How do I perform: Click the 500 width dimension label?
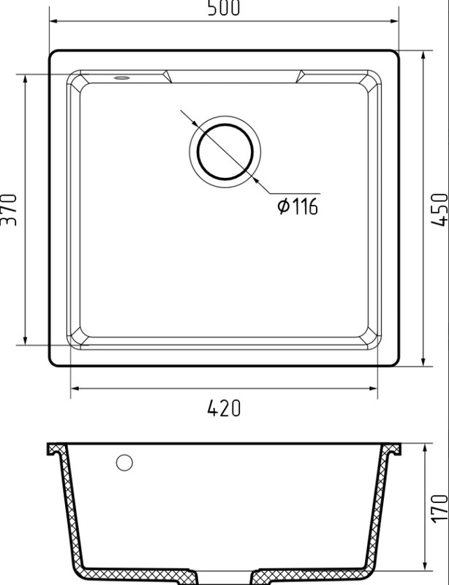(x=224, y=8)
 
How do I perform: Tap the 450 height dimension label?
(x=439, y=209)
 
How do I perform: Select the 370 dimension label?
(x=9, y=209)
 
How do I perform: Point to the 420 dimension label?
(x=224, y=408)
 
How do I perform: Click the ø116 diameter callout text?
(x=298, y=206)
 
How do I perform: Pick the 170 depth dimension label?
(x=439, y=508)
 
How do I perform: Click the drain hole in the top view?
(x=225, y=152)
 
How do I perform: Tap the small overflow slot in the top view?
(x=122, y=78)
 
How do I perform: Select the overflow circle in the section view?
(x=124, y=463)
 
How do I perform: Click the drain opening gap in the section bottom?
(x=225, y=578)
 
